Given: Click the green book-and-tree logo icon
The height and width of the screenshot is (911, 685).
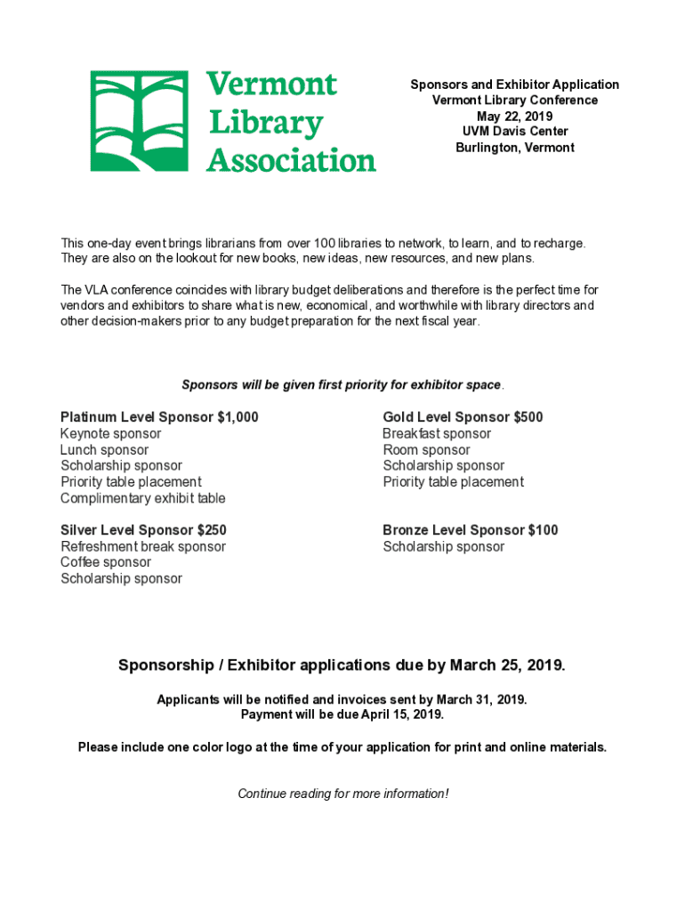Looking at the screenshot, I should pos(139,121).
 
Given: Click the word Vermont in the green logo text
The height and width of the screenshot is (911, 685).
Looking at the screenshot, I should pos(271,85).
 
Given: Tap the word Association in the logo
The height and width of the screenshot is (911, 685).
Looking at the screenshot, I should pos(291,161).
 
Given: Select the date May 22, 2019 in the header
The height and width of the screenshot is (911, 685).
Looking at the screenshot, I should pos(514,116).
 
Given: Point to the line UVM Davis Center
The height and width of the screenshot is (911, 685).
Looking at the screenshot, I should pos(514,132).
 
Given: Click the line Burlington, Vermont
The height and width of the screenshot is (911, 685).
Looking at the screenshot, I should pos(514,148).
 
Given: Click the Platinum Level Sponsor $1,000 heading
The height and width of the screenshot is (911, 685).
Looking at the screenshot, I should pos(159,417).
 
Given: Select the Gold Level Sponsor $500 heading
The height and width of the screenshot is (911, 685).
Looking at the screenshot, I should pos(463,417).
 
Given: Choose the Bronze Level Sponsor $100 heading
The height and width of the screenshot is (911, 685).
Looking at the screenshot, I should pos(471,530).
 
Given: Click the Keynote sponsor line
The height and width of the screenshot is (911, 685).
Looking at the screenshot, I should pos(111,434).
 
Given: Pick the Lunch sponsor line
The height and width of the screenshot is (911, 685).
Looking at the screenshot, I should pos(104,450).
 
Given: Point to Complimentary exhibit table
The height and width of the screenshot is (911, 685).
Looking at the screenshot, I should pos(143,498).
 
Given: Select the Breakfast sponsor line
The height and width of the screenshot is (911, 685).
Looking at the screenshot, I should pos(437,434).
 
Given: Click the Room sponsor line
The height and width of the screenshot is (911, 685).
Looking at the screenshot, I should pos(426,450).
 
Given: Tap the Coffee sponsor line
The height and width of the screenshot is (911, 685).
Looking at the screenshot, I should pos(106,562).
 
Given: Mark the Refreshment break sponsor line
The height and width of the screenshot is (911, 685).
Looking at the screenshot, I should pos(143,546).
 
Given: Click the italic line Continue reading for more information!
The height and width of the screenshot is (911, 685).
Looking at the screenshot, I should pos(342,794).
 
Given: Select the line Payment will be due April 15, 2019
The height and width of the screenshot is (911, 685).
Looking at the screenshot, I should pos(342,714).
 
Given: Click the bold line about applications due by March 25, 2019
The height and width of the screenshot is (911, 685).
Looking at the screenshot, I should pos(342,665).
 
